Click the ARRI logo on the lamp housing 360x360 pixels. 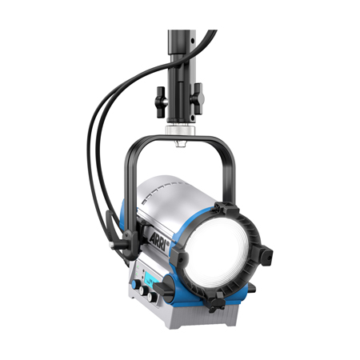pos(159,241)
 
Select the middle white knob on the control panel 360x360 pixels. pos(144,290)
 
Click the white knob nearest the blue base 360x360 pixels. pos(153,297)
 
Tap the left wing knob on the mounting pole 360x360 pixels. pos(162,102)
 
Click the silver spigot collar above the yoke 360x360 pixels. pos(180,130)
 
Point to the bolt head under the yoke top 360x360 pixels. pos(181,144)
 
